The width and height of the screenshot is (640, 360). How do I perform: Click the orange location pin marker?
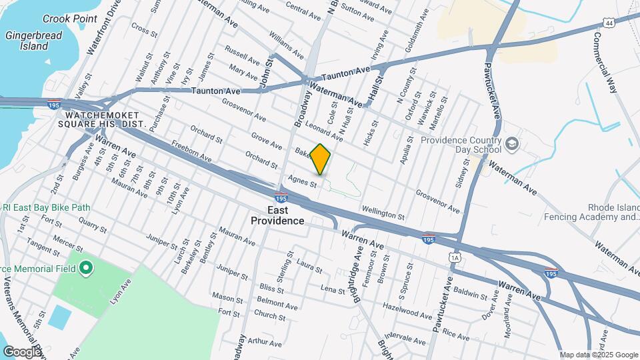[321, 159]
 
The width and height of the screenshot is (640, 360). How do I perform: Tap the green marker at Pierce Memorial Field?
[85, 269]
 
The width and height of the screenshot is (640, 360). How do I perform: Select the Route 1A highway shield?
[455, 257]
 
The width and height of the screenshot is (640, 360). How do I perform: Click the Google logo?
[22, 351]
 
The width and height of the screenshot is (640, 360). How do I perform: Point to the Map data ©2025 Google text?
[598, 355]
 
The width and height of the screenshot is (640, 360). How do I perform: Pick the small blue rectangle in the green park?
[58, 317]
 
